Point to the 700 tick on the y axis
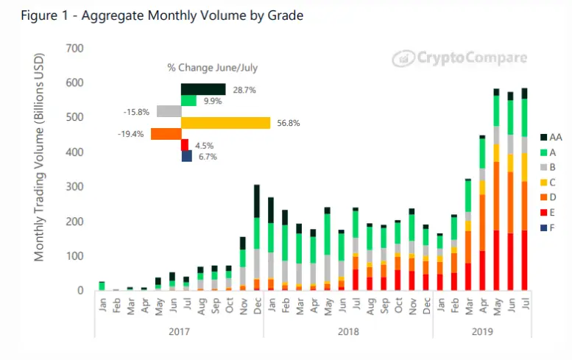(74, 49)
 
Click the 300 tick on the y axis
(74, 187)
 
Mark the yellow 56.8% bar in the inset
(225, 123)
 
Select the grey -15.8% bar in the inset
(169, 112)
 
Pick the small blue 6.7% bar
(186, 156)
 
